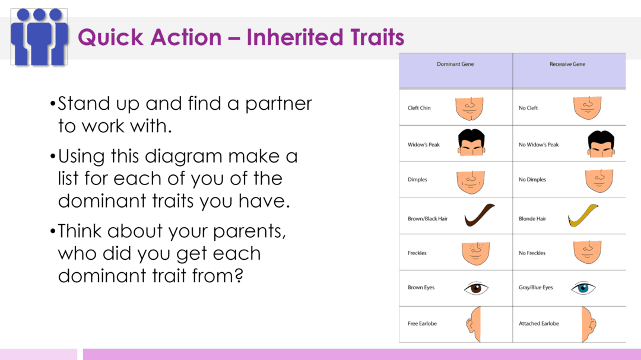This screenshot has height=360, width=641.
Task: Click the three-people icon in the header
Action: pos(39,37)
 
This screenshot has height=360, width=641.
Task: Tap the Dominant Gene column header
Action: pos(455,64)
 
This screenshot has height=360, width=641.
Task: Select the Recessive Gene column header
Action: pos(567,64)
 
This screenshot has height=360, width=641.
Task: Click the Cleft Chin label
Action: pos(419,108)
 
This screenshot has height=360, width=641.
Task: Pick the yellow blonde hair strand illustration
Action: pos(583,215)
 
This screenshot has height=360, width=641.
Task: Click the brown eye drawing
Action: pos(476,289)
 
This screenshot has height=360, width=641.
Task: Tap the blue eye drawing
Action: pos(583,289)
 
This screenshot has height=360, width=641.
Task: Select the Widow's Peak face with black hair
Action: pos(471,143)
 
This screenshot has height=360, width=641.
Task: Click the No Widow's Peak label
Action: pos(538,145)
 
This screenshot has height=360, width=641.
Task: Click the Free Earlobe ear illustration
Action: pos(473,324)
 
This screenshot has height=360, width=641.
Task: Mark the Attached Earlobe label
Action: pos(539,324)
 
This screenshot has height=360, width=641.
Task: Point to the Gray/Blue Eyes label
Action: pos(535,288)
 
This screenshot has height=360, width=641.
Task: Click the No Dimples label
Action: pos(532,180)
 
